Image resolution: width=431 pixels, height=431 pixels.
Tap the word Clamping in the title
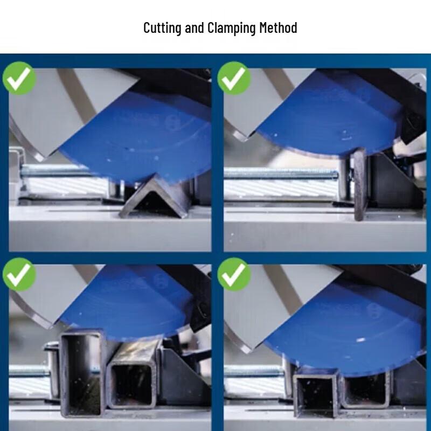coord(232,28)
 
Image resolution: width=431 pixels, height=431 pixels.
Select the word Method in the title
coord(279,28)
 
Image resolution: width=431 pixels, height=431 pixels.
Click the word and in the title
coord(194,28)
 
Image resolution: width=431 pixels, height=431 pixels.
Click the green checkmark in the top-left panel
coord(19,78)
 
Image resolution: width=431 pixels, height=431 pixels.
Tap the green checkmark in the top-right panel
coord(234,78)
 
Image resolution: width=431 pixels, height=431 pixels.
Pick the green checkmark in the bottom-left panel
coord(19,274)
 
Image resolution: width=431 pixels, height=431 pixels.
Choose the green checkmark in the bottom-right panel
coord(234,274)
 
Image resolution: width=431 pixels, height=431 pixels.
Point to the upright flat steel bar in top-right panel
coord(359,184)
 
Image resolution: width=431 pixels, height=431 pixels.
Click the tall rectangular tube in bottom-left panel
coord(82,372)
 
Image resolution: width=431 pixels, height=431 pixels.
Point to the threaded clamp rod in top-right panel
coord(281,173)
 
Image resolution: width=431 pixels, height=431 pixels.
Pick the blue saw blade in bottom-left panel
coord(124,302)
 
